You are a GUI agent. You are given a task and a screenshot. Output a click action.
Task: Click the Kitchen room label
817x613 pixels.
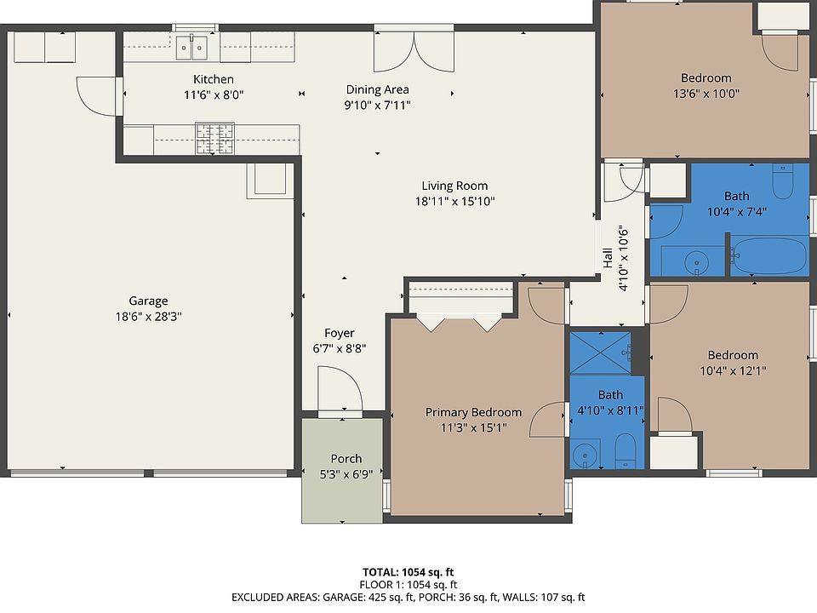[x=213, y=79]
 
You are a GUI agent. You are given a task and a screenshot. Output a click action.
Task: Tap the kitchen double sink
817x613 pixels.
[x=191, y=48]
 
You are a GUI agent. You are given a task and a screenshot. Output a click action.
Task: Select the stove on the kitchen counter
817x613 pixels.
[x=214, y=139]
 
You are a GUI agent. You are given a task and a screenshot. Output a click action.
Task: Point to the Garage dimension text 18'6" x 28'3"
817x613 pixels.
[x=148, y=317]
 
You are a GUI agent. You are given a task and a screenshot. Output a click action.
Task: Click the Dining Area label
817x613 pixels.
[x=377, y=89]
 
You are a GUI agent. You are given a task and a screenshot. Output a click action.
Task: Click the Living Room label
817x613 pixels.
[x=454, y=186]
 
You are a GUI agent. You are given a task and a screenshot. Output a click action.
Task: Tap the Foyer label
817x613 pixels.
[x=340, y=333]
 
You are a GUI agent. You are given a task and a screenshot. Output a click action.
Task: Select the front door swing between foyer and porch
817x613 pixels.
[x=340, y=389]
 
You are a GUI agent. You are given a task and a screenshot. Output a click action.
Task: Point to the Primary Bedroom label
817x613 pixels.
[x=473, y=412]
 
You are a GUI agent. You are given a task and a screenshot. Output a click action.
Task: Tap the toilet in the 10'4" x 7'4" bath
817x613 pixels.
[x=783, y=181]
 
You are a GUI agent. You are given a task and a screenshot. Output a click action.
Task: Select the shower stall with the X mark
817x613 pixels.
[x=601, y=352]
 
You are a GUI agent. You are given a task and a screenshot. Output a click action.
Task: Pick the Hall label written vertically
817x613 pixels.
[x=608, y=258]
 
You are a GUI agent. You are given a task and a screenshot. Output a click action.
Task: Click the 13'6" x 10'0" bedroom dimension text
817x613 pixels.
[x=706, y=94]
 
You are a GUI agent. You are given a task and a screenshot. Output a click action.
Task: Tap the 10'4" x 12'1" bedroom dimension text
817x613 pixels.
[x=733, y=370]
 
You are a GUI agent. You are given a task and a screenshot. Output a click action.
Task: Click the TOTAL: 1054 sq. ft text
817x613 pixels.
[x=408, y=572]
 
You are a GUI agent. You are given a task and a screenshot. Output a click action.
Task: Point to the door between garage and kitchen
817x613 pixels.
[x=99, y=96]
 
